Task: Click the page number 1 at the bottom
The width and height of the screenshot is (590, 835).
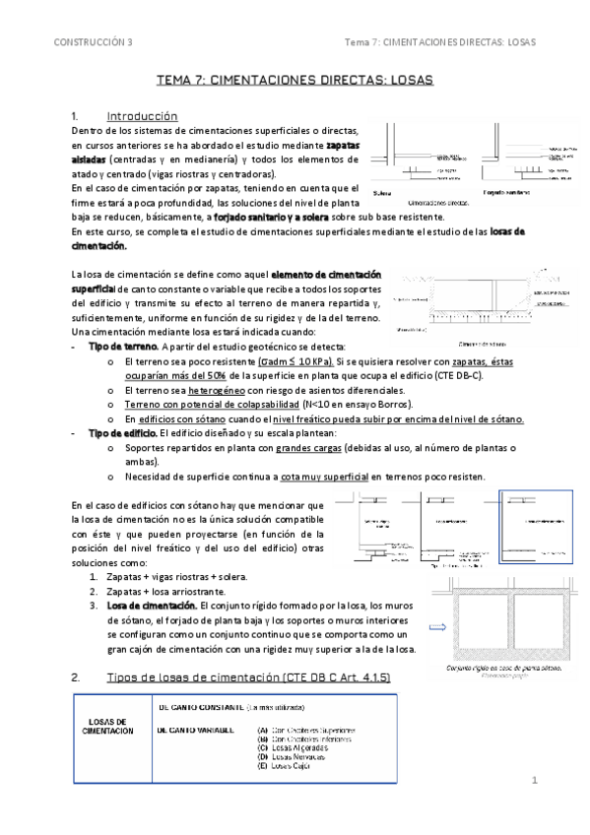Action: pos(535,780)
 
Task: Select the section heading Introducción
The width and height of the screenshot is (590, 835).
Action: pos(142,114)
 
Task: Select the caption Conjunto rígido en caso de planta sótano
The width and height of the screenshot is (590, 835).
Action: pos(502,667)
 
